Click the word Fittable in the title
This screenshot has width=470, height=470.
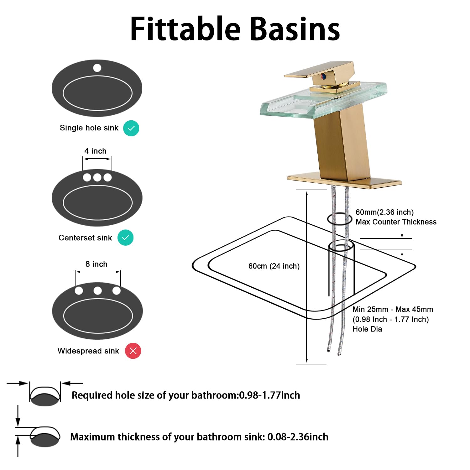185,29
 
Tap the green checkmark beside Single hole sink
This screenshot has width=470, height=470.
131,128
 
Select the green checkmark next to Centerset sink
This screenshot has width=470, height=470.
125,238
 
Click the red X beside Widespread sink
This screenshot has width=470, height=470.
133,351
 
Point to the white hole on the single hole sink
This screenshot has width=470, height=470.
97,68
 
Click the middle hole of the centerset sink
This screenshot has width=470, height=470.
97,177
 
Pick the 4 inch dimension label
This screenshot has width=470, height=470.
95,151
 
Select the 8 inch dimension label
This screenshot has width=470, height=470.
97,264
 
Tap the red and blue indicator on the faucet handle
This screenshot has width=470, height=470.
323,76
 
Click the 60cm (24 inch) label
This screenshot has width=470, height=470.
274,266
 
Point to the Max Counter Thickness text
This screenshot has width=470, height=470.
396,222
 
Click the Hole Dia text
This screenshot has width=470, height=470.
367,329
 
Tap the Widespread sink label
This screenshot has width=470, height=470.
88,351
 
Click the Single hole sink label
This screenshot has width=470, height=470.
89,128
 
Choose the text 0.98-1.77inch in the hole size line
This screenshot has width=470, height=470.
269,395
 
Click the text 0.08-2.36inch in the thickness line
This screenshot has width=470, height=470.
298,437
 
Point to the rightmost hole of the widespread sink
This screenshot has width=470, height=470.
117,291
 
